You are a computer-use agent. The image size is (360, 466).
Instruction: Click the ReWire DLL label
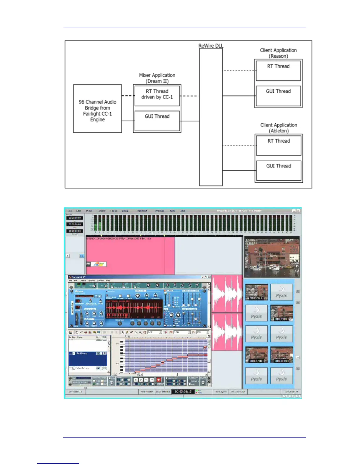tap(211, 46)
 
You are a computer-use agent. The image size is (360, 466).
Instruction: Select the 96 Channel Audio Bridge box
tap(97, 109)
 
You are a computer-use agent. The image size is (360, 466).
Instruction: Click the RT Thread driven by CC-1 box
tap(157, 95)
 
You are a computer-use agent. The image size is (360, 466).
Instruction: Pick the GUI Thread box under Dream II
tap(157, 121)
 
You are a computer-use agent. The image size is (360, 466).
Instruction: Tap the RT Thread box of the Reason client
tap(278, 70)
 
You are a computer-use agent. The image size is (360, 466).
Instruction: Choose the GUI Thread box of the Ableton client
tap(279, 170)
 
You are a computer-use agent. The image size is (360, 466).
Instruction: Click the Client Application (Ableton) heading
tap(279, 128)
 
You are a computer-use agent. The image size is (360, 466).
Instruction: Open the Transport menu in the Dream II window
tap(142, 211)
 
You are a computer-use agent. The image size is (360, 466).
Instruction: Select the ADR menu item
tap(172, 211)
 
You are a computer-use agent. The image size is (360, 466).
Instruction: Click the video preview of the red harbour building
tap(272, 257)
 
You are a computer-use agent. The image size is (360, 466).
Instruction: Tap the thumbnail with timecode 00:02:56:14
tap(256, 292)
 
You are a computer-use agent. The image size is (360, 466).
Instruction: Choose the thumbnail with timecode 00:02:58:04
tap(281, 313)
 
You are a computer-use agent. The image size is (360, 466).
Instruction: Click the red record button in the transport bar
tap(158, 380)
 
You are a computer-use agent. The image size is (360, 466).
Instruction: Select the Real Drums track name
tap(82, 353)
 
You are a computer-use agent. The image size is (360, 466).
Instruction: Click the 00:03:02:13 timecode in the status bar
tap(183, 392)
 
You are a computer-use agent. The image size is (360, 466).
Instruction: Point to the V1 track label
tap(81, 256)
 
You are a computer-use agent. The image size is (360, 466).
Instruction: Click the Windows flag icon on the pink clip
tap(99, 264)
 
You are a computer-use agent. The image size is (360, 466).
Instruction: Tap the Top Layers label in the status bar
tap(220, 392)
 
